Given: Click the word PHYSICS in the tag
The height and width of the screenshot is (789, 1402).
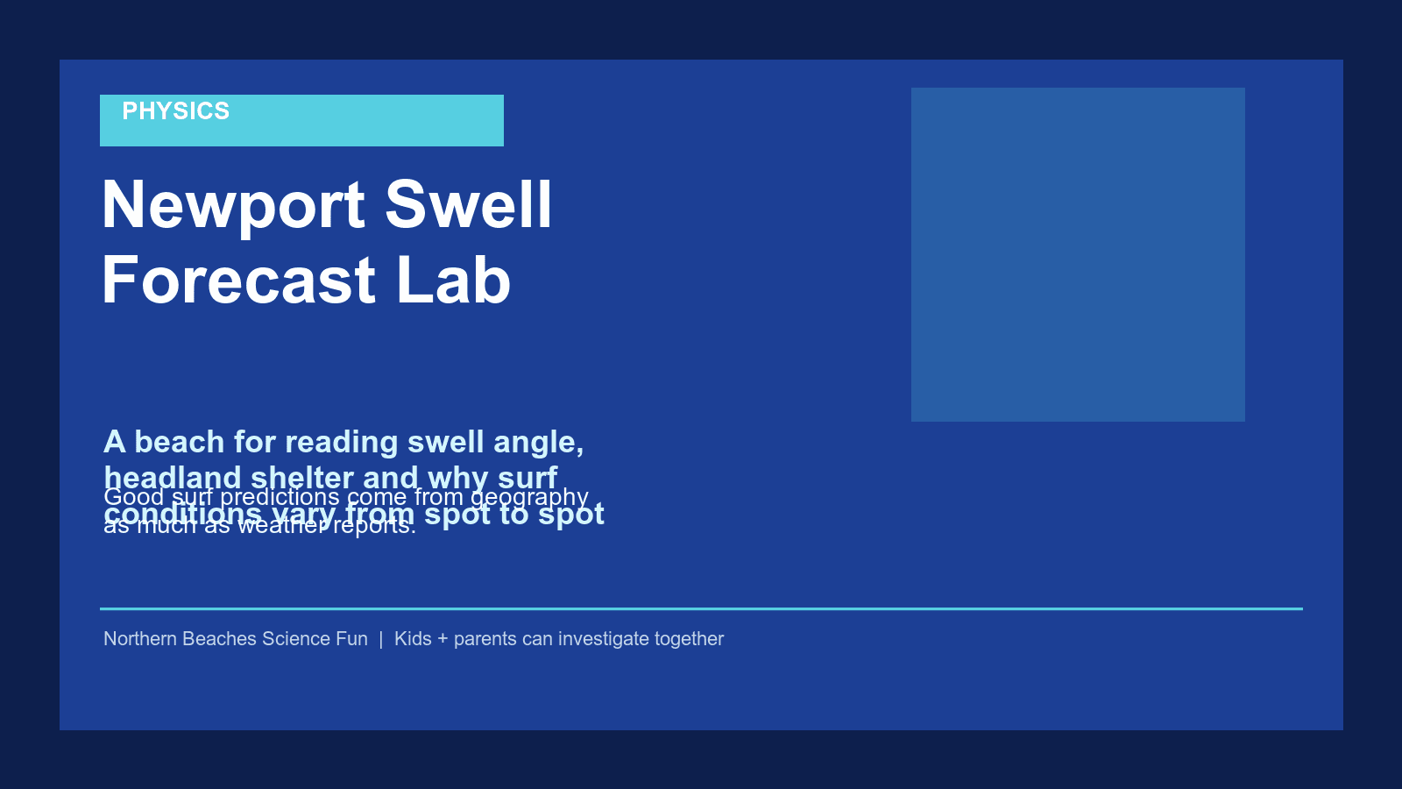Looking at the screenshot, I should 175,111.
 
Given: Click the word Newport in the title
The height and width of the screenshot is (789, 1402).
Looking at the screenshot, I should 234,205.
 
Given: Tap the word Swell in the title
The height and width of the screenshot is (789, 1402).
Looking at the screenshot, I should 469,205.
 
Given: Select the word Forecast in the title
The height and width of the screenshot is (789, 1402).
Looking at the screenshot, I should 239,281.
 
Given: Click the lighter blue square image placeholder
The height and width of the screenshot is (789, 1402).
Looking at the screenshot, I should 1078,254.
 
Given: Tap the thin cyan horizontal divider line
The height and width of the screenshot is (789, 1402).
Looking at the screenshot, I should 701,608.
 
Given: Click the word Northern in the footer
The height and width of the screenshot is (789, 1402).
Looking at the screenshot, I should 139,639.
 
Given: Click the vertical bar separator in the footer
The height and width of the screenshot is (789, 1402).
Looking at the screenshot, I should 381,639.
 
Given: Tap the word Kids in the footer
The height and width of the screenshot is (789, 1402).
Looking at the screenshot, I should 413,639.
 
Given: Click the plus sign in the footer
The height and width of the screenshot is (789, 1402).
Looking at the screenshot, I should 443,639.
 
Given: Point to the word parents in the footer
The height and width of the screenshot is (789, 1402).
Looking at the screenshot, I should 485,639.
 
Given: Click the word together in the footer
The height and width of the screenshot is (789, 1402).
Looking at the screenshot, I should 689,639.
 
